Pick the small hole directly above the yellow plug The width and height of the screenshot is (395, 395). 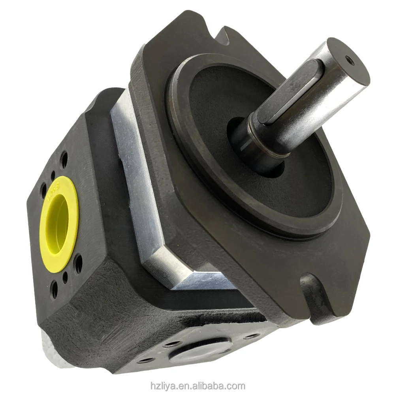click(x=53, y=174)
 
